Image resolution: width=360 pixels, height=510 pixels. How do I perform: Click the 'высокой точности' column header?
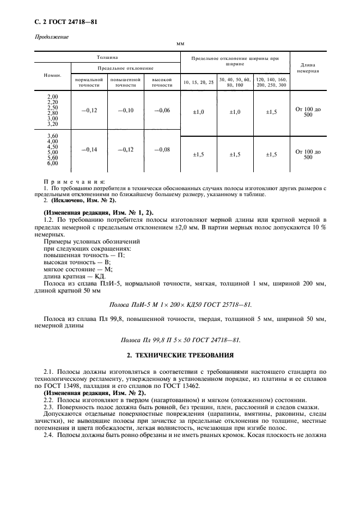click(x=162, y=82)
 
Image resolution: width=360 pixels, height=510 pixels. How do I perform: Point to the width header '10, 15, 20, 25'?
click(x=198, y=82)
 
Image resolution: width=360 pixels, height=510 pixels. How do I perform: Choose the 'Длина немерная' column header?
click(x=308, y=68)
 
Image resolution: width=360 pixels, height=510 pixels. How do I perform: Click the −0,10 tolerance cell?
click(x=125, y=111)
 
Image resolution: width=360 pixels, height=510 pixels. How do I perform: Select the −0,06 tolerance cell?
click(x=162, y=111)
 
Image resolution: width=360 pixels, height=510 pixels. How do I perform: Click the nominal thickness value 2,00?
click(x=53, y=96)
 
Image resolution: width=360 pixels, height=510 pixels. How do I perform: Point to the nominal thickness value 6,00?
click(x=53, y=163)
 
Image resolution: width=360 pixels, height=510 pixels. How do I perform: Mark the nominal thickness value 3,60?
click(x=53, y=135)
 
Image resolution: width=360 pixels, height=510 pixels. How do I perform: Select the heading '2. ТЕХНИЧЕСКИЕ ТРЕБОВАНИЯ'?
click(x=180, y=355)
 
